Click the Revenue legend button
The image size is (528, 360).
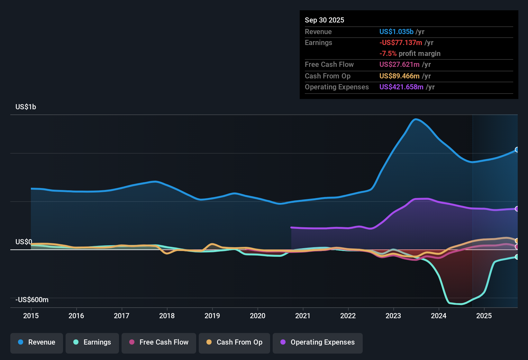[37, 342]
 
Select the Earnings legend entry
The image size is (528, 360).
[92, 342]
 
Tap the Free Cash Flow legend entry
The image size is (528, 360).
[159, 342]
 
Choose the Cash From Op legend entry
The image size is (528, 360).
[234, 342]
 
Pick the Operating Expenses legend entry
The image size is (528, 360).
[318, 342]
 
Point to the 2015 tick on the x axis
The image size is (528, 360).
[31, 316]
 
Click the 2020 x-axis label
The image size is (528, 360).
[258, 316]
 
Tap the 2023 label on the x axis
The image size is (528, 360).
[393, 316]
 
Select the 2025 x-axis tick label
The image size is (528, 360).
[484, 316]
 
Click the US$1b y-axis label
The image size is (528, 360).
[26, 107]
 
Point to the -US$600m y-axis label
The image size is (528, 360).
[32, 300]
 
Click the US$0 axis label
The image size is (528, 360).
[24, 242]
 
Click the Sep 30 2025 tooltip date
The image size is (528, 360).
[324, 20]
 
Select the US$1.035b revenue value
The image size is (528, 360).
[396, 32]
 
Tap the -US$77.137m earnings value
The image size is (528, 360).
[401, 42]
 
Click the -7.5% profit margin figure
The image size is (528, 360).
[388, 53]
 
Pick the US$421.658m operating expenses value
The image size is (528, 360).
[401, 87]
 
